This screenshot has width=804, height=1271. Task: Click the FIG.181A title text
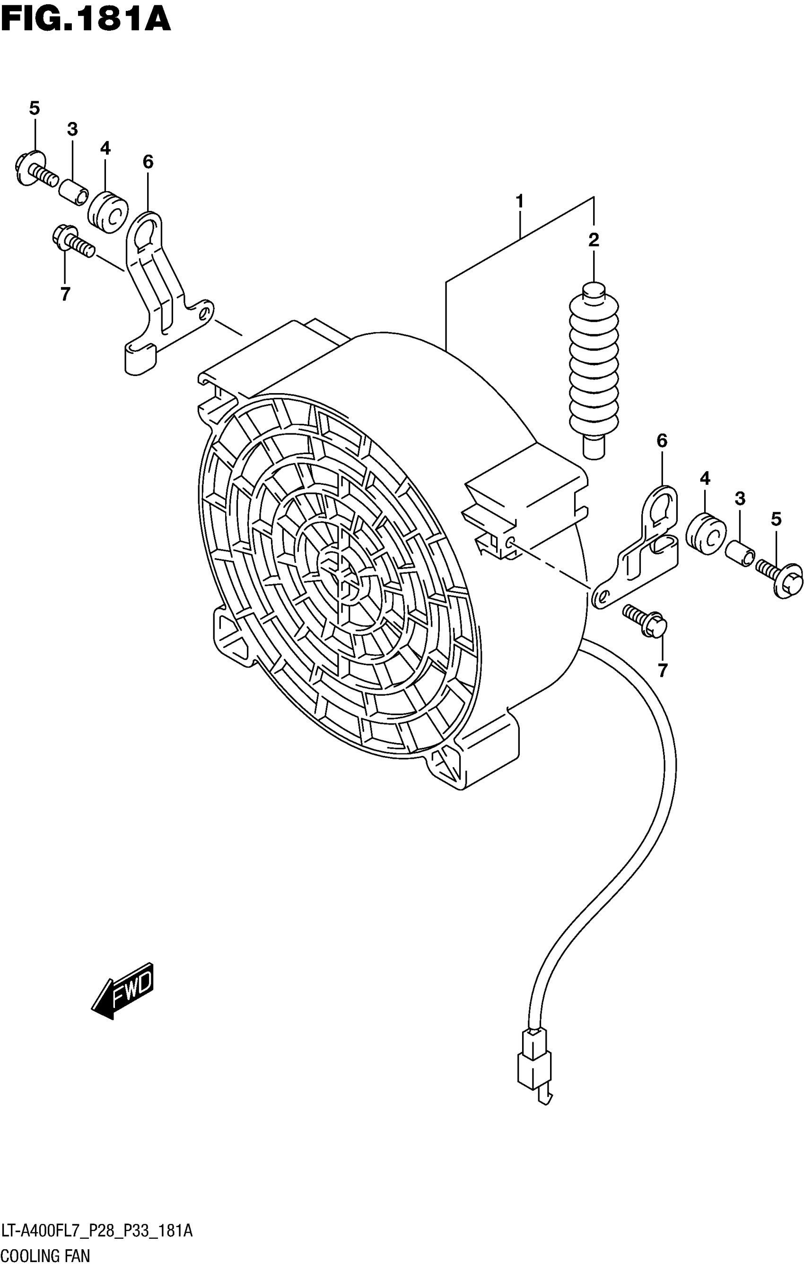[86, 20]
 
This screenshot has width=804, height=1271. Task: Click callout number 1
[519, 201]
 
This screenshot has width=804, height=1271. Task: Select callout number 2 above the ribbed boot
[594, 241]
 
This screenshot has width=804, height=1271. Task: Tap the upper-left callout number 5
[35, 109]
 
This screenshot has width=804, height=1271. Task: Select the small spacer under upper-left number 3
[73, 192]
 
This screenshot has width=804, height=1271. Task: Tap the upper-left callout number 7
[65, 294]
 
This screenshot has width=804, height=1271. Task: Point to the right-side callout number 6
[662, 441]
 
